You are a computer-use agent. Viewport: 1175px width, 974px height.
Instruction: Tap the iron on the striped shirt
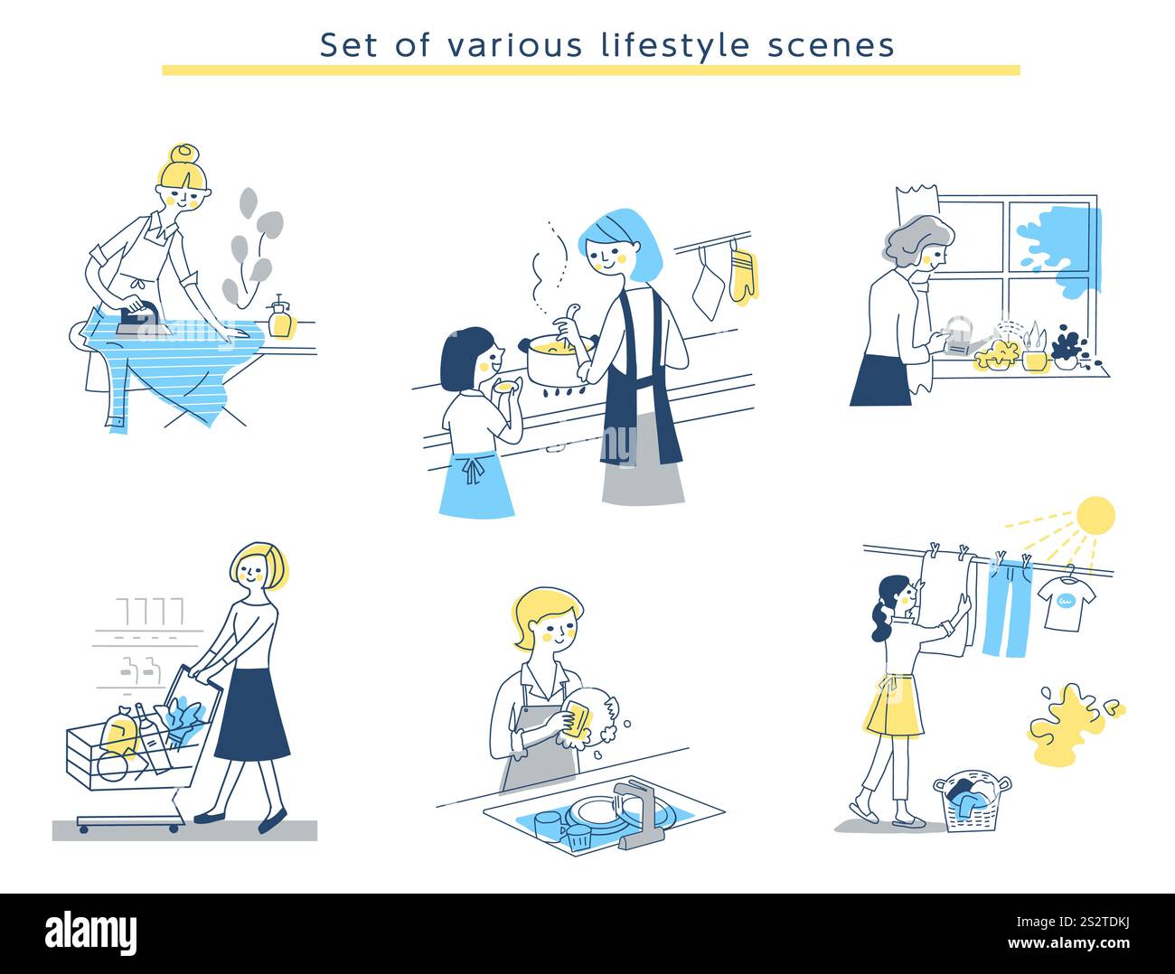pos(144,315)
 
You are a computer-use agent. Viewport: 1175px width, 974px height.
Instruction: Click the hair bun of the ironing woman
pos(183,154)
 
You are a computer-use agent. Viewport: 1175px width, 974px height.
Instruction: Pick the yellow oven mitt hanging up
pos(742,275)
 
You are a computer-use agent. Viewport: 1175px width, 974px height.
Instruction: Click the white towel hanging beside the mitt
pos(708,286)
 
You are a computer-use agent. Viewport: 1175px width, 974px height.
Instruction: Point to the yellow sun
pos(1095,515)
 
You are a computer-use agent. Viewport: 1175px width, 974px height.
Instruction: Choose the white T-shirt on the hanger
pos(1066,603)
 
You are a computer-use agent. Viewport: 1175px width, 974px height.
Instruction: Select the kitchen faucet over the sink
pos(633,809)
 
